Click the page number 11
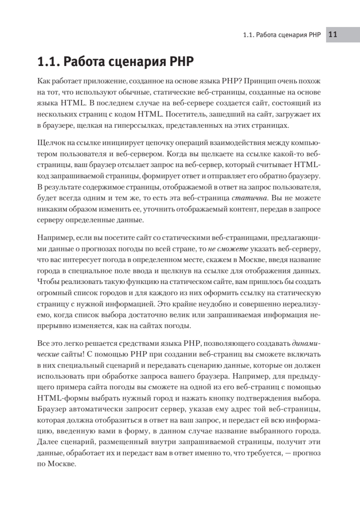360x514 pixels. click(x=333, y=36)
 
